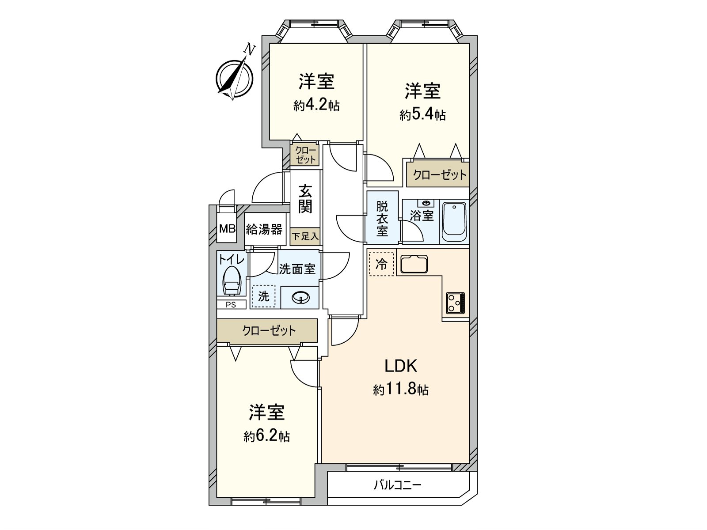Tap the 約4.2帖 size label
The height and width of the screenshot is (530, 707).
316,106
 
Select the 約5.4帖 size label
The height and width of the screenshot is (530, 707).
422,115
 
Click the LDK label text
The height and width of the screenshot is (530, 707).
401,366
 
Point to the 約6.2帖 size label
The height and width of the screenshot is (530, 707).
266,436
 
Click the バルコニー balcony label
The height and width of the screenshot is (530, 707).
398,485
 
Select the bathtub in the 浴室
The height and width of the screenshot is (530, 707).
454,222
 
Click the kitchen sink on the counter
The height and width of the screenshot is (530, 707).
414,264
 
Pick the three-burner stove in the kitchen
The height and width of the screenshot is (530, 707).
455,303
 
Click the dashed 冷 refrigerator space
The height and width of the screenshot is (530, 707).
381,264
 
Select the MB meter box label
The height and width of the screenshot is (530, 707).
228,229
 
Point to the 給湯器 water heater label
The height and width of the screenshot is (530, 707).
264,229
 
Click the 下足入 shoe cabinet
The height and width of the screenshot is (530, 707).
305,236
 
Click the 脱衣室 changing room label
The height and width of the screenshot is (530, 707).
382,218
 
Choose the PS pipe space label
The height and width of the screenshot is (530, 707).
231,304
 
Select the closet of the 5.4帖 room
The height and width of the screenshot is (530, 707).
439,174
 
